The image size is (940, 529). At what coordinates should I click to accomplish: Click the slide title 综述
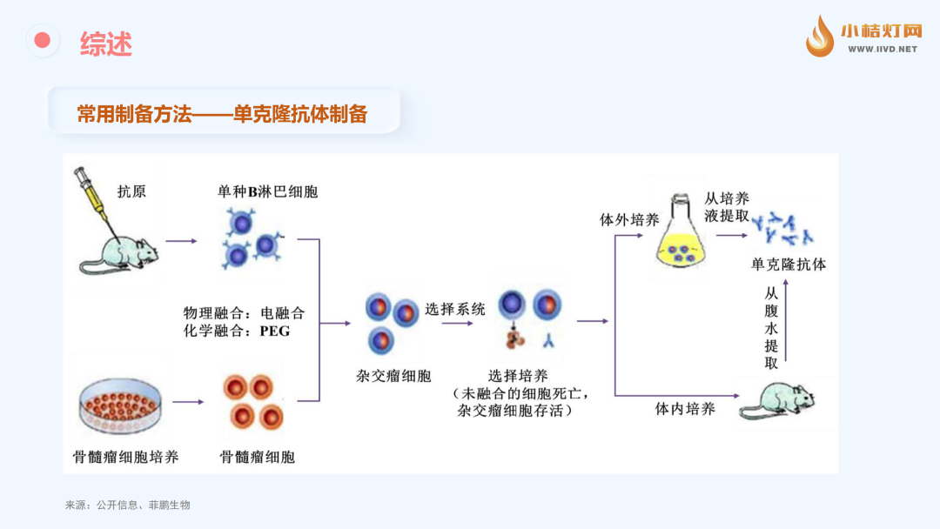(x=106, y=43)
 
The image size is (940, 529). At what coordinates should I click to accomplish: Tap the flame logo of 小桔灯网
(x=819, y=37)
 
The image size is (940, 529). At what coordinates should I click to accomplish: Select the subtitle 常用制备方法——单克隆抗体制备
(x=222, y=114)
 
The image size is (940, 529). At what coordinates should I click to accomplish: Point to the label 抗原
(x=132, y=191)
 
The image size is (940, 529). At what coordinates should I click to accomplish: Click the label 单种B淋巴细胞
(x=267, y=191)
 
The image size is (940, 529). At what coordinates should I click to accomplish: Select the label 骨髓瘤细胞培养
(x=126, y=456)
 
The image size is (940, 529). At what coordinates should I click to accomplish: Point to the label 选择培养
(x=518, y=376)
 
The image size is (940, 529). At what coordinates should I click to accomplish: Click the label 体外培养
(x=629, y=220)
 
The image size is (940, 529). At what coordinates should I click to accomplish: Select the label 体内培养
(x=685, y=409)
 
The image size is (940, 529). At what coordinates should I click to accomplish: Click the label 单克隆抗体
(x=789, y=264)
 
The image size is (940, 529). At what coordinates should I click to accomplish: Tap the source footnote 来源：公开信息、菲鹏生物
(x=127, y=505)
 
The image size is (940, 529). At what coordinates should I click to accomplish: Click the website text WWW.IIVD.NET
(x=882, y=50)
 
